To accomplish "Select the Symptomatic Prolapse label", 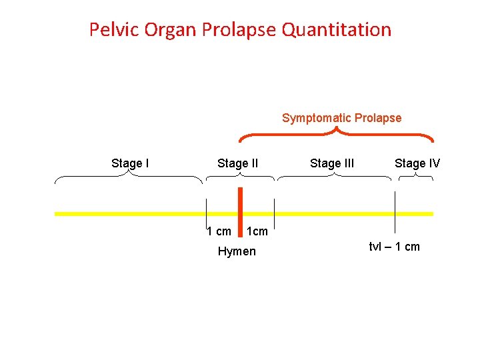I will pos(341,118).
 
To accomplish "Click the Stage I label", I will pos(130,163).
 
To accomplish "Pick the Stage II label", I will pos(237,163).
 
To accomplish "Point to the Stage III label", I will pos(332,163).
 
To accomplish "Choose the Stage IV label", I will pos(417,163).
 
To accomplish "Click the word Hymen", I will pos(237,251).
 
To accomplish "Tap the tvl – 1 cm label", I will pos(395,247).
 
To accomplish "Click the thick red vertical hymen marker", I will pos(240,211).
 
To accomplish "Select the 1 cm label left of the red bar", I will pos(219,231).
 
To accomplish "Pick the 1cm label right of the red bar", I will pos(257,231).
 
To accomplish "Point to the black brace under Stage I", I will pos(129,177).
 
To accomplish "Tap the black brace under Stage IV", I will pos(415,177).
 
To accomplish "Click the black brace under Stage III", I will pos(334,177).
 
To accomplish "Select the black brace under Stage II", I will pos(240,177).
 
